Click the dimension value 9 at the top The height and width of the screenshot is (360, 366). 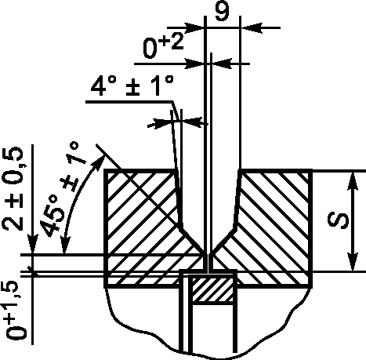(x=223, y=10)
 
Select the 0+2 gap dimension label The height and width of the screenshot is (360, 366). (x=163, y=46)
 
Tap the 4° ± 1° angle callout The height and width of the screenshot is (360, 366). (x=132, y=85)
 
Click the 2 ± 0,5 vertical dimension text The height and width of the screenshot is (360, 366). (x=13, y=188)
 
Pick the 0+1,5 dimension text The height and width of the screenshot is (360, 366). (x=13, y=311)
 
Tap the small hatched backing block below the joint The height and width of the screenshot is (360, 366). (x=212, y=289)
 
